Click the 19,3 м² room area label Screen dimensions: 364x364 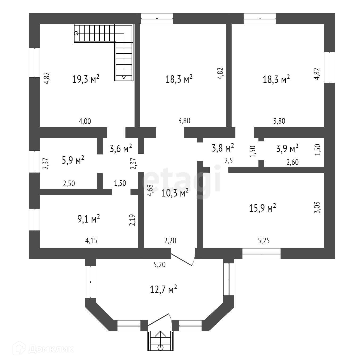(86, 79)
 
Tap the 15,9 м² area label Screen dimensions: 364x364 (262, 208)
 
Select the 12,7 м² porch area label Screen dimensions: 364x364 (164, 289)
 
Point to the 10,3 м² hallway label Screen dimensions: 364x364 (175, 193)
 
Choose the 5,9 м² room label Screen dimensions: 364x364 (73, 160)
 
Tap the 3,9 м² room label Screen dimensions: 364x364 (287, 148)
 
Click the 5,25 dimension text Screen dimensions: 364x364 (264, 241)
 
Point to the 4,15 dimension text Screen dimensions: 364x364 (91, 241)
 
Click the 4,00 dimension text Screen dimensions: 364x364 (85, 122)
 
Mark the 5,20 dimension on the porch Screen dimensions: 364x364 (160, 265)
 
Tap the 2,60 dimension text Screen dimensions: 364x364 (292, 162)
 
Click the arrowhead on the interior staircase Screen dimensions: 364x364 (124, 77)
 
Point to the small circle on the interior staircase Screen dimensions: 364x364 (76, 33)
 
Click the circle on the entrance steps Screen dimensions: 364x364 (160, 347)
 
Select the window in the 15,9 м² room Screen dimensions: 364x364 (261, 253)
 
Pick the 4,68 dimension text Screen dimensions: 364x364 (150, 190)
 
